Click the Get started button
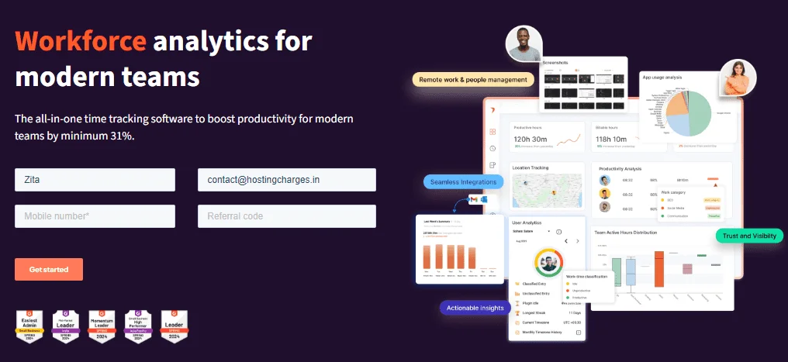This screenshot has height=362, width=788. pos(49,269)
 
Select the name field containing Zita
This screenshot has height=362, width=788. pos(95,180)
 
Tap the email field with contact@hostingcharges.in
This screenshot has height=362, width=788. pos(286,180)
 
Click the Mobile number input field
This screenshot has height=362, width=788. pos(95,216)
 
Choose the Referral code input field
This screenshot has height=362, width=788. pos(286,216)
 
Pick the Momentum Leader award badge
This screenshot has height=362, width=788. pos(102,326)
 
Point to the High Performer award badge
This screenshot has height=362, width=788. pos(139,326)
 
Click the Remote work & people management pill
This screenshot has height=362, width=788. pos(473,79)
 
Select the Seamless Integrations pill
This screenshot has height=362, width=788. pos(464,181)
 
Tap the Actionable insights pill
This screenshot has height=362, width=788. pos(475,308)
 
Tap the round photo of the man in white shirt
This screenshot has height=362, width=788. pos(524,43)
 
